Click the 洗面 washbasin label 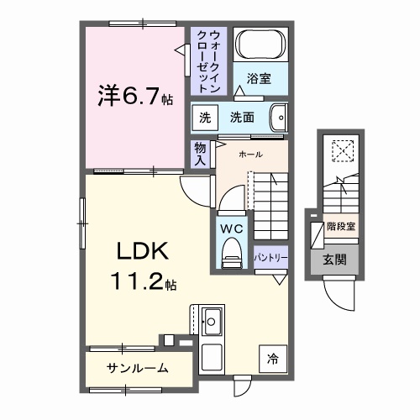(x=243, y=118)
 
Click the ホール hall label (x=250, y=155)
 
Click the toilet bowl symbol (x=229, y=255)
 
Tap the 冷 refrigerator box (x=272, y=357)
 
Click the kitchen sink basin (x=212, y=321)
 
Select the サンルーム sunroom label (x=137, y=368)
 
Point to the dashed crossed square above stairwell (x=342, y=151)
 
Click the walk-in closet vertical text (x=209, y=61)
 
